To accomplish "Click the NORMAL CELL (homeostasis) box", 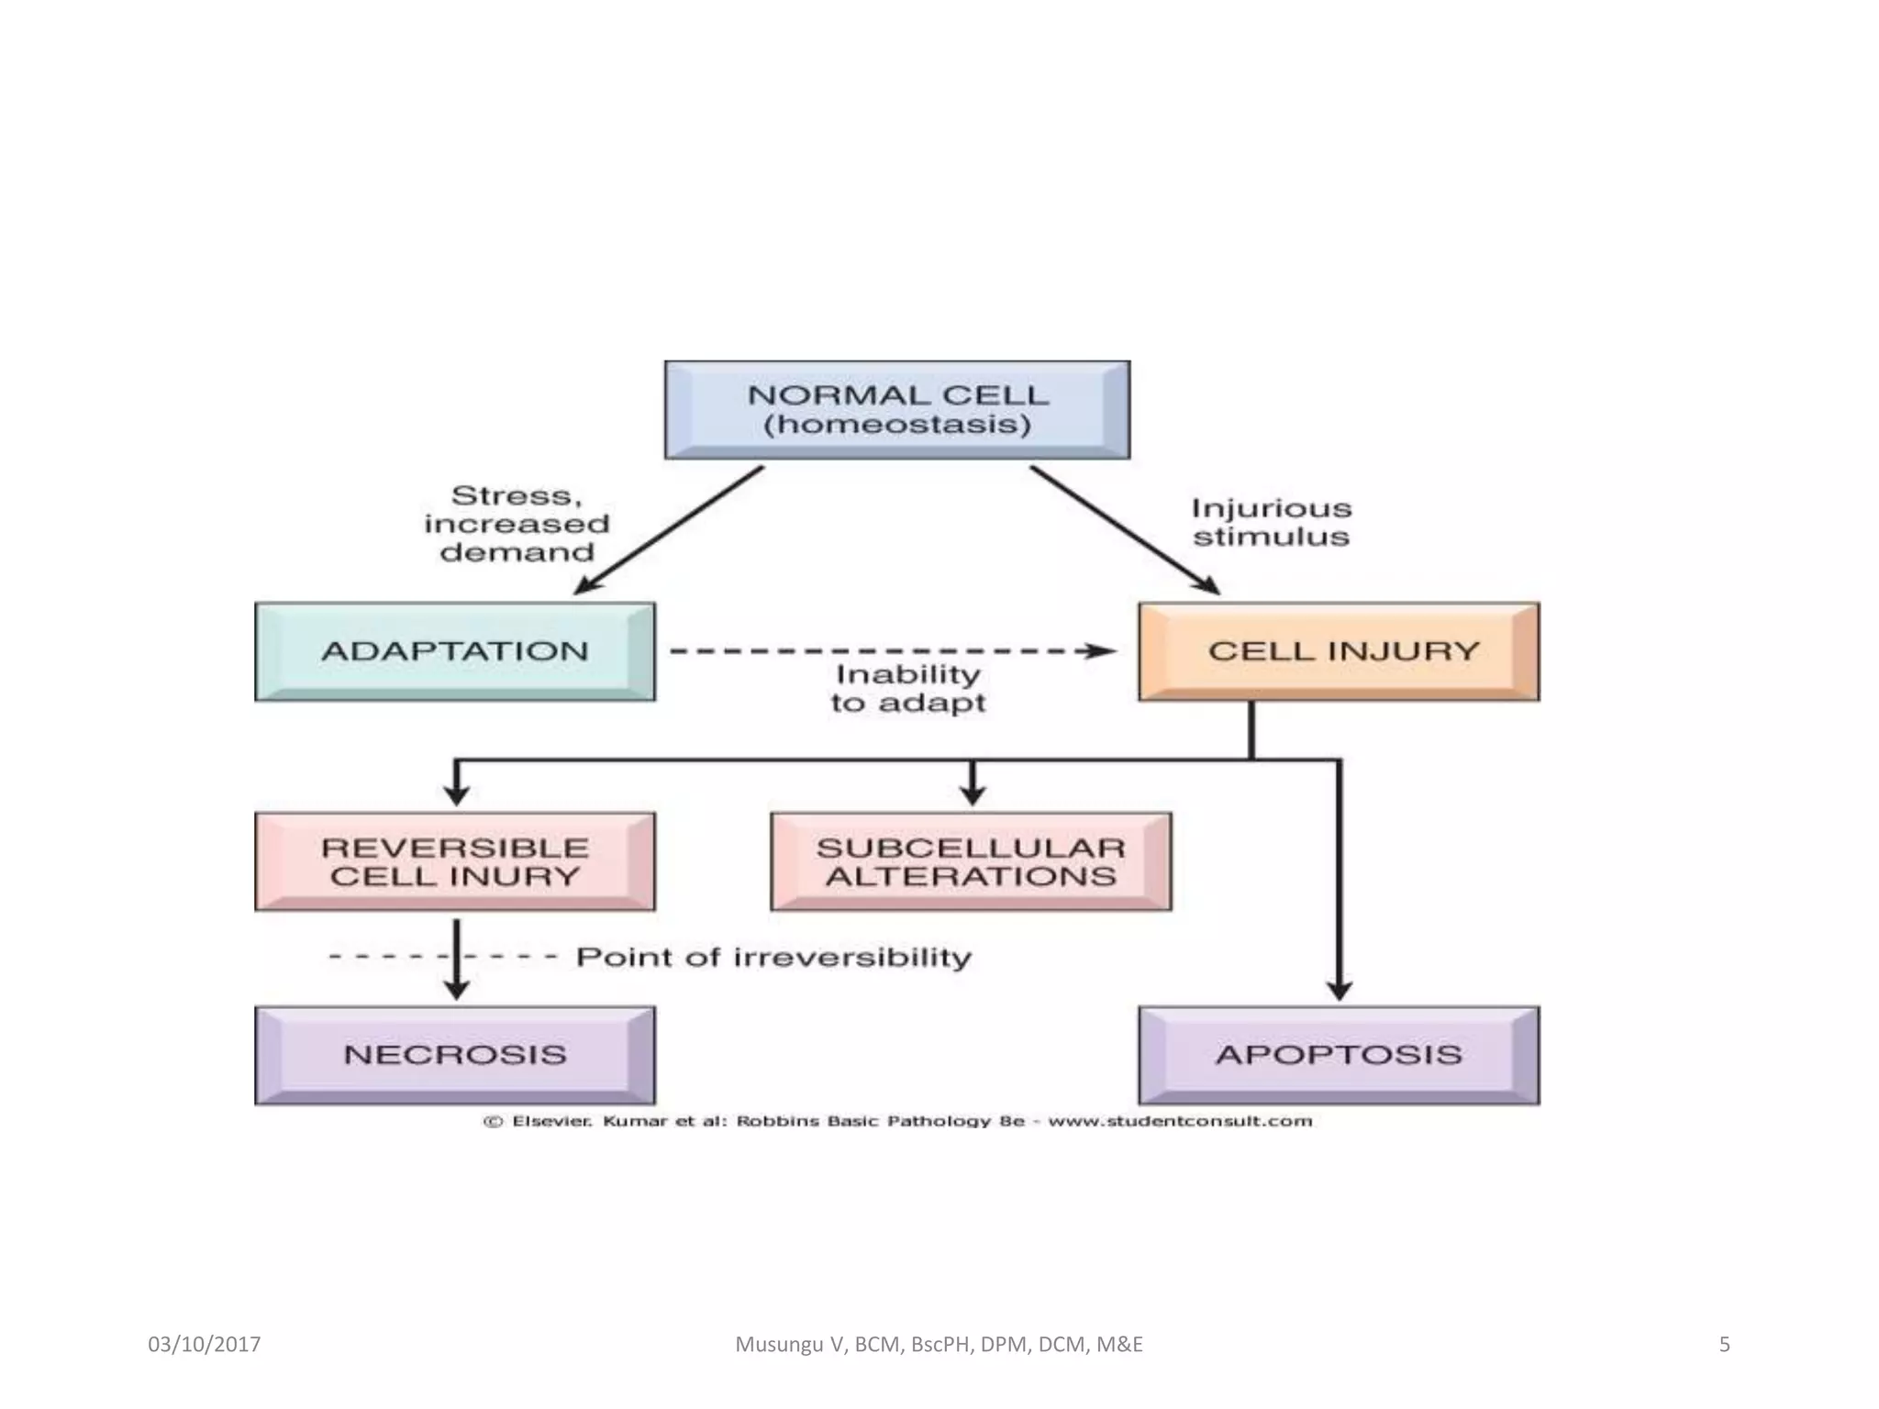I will coord(897,410).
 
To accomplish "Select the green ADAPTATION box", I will coord(455,651).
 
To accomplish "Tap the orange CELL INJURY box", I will coord(1339,651).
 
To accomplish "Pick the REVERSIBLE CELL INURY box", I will coord(455,861).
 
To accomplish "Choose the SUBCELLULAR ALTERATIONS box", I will coord(971,861).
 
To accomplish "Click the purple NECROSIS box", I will coord(455,1055).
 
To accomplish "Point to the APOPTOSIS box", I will coord(1339,1055).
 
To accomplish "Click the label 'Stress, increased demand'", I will coord(517,524).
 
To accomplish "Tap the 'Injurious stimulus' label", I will coord(1271,522).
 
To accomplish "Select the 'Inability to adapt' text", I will coord(907,689).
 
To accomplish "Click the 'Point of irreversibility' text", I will coord(773,958).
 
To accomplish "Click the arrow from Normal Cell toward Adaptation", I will coord(670,530).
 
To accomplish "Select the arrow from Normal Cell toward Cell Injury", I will coord(1124,530).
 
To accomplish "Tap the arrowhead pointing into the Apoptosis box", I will coord(1339,991).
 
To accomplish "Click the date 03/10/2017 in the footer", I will coord(204,1345).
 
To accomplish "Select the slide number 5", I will coord(1724,1345).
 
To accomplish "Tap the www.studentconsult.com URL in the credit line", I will coord(1180,1121).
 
